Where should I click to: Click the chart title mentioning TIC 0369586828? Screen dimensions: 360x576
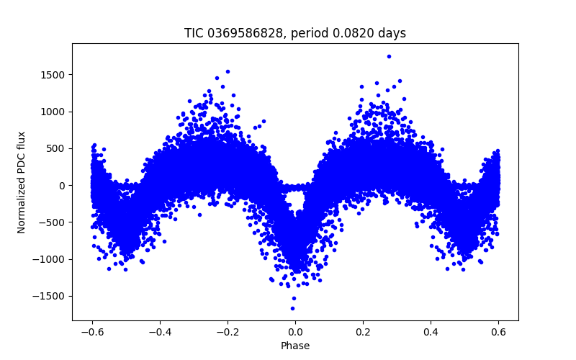[295, 33]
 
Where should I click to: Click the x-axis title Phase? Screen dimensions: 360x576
[295, 346]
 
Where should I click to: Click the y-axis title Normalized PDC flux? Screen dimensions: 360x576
[22, 182]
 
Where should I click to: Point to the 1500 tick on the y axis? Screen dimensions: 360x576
[53, 75]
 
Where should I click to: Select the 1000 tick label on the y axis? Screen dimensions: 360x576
[53, 112]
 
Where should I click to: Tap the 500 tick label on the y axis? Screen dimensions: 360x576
[56, 148]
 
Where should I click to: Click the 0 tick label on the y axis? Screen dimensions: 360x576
[63, 185]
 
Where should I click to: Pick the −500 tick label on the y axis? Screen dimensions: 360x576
[53, 222]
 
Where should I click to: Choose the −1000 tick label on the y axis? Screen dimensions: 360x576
[50, 259]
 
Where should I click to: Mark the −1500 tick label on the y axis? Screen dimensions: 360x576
[50, 296]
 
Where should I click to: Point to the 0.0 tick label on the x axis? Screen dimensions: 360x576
[295, 332]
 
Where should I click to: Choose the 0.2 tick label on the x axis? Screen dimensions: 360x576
[363, 332]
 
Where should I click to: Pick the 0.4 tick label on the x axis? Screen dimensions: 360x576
[431, 332]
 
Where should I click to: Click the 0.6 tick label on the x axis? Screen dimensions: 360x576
[498, 332]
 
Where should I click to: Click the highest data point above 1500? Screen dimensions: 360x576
[389, 56]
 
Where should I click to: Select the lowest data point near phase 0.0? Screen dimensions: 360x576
[292, 308]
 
